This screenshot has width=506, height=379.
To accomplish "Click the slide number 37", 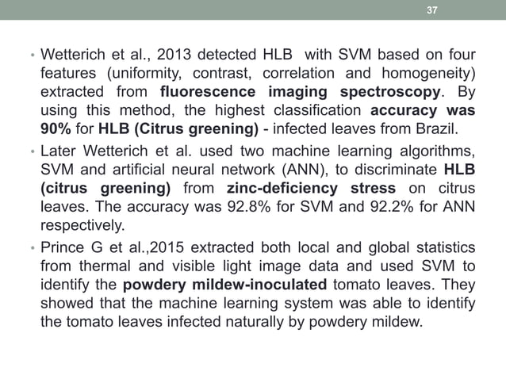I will click(x=432, y=10).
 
